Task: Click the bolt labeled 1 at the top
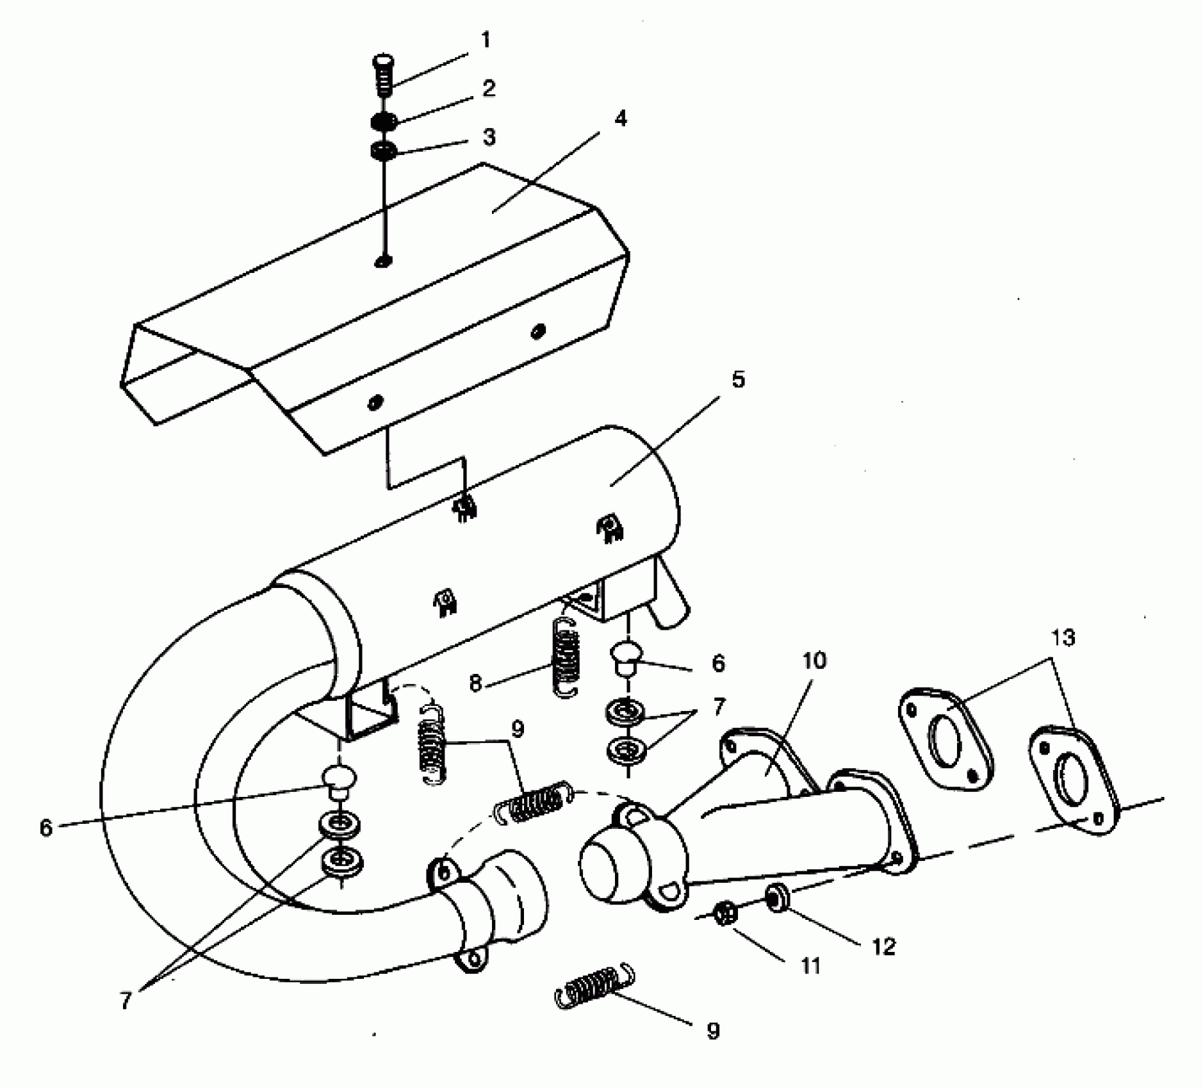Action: pos(383,74)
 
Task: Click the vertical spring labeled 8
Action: pos(565,657)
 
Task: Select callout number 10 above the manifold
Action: pos(814,660)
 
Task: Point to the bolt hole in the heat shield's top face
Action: pos(383,261)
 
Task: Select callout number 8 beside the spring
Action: pos(475,684)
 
